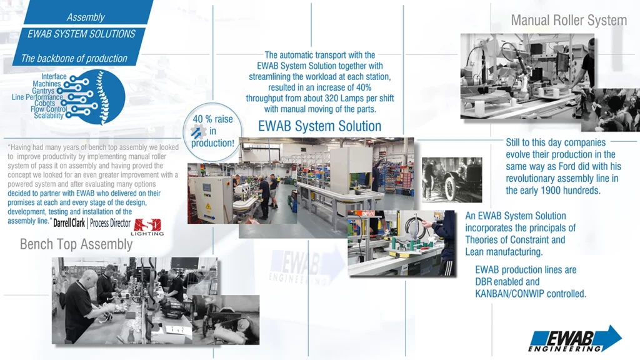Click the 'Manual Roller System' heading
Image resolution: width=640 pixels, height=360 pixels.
pyautogui.click(x=569, y=20)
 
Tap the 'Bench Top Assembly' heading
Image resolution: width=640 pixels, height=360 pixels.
pyautogui.click(x=76, y=244)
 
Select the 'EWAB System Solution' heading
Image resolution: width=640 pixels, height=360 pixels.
pyautogui.click(x=319, y=126)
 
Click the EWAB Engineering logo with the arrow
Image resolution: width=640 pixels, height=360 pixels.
pyautogui.click(x=575, y=339)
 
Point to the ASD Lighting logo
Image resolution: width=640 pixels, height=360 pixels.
pyautogui.click(x=147, y=227)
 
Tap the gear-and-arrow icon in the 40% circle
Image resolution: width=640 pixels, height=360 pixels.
pyautogui.click(x=198, y=131)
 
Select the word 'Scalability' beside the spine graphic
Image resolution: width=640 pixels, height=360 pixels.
pyautogui.click(x=49, y=116)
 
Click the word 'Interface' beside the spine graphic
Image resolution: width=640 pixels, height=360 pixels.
pyautogui.click(x=54, y=76)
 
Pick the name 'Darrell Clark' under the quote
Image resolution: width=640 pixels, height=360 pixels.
pyautogui.click(x=69, y=223)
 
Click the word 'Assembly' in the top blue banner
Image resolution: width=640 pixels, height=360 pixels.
pyautogui.click(x=86, y=17)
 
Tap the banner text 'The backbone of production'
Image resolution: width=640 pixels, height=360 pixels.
pyautogui.click(x=74, y=58)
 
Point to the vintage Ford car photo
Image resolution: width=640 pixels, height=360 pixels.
pyautogui.click(x=452, y=179)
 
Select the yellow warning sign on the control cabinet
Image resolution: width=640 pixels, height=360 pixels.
pyautogui.click(x=208, y=206)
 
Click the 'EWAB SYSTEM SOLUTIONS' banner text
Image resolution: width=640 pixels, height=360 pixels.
pyautogui.click(x=81, y=34)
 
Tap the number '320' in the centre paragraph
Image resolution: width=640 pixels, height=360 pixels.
pyautogui.click(x=332, y=98)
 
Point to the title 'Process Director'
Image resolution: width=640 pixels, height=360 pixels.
pyautogui.click(x=110, y=223)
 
